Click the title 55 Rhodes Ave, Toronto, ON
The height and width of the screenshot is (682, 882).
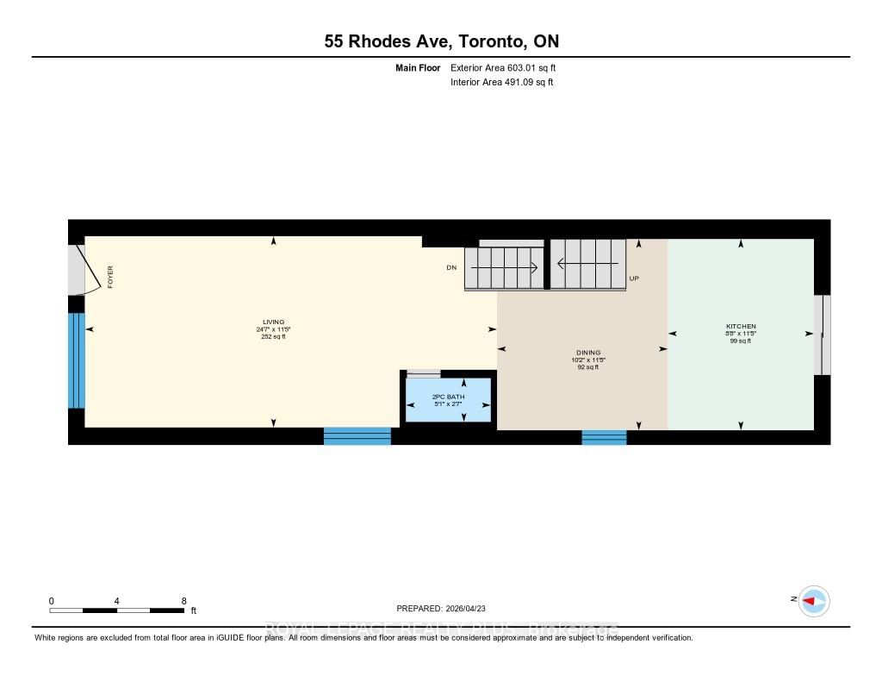(x=440, y=41)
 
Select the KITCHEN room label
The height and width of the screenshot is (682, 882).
(x=741, y=326)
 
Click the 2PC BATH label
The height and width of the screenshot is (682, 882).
(x=448, y=396)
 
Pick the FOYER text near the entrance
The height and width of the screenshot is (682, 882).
(x=110, y=277)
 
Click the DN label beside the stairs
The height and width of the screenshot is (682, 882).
(x=450, y=268)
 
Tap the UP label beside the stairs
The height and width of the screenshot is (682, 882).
(x=634, y=278)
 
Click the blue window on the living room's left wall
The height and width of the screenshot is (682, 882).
(x=77, y=360)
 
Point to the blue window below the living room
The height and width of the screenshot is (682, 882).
(x=357, y=435)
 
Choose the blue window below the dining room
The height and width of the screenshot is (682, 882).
(x=604, y=437)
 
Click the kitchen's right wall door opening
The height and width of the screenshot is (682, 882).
(x=823, y=335)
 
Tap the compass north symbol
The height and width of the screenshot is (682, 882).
(x=812, y=601)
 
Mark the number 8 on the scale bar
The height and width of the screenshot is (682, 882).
(x=183, y=601)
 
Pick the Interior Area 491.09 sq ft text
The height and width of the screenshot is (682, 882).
(x=501, y=83)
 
